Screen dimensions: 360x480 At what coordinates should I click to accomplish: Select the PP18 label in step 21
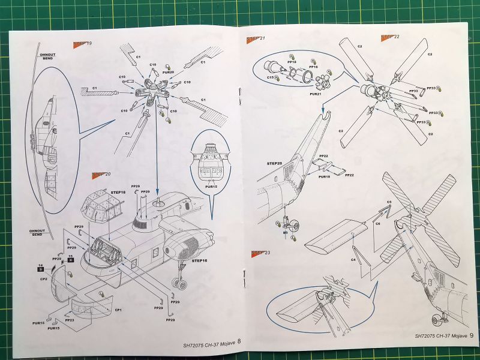click(276, 61)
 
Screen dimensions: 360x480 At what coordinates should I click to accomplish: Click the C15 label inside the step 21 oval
click(271, 77)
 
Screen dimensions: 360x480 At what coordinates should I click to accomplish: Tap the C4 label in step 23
click(353, 260)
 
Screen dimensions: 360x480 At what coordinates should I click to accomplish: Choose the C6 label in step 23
click(379, 223)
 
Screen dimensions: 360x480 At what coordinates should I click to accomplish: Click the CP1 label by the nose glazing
click(119, 310)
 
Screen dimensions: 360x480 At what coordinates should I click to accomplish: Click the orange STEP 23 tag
click(260, 253)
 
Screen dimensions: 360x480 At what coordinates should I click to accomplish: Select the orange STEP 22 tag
click(389, 37)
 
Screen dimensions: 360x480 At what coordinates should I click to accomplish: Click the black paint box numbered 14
click(40, 267)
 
